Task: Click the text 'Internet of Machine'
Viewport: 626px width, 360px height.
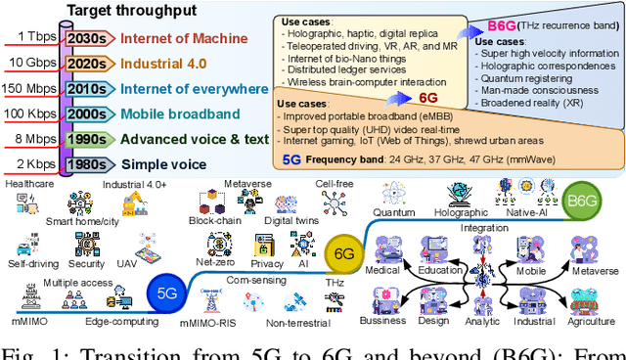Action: coord(181,39)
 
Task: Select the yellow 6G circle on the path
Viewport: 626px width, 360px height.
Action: coord(343,253)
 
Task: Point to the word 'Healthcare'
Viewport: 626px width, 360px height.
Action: coord(29,183)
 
